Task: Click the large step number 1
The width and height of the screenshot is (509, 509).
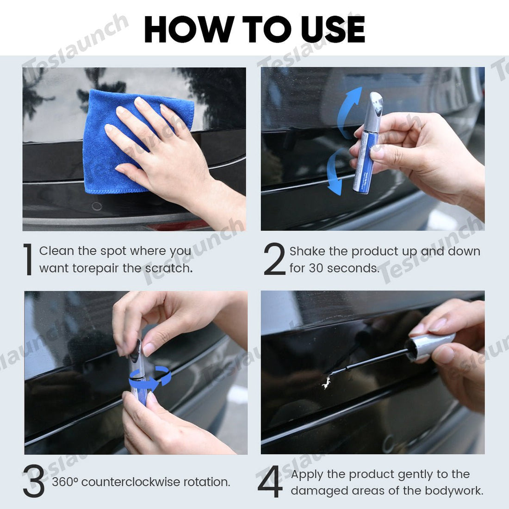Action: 29,260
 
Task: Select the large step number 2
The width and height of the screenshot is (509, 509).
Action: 274,259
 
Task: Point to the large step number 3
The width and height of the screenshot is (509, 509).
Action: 34,482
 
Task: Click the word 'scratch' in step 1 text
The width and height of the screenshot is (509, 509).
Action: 168,268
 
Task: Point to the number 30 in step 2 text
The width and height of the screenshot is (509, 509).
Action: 316,268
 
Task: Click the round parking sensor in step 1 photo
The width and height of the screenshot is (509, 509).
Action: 97,206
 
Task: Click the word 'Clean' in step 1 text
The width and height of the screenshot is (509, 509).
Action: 56,251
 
